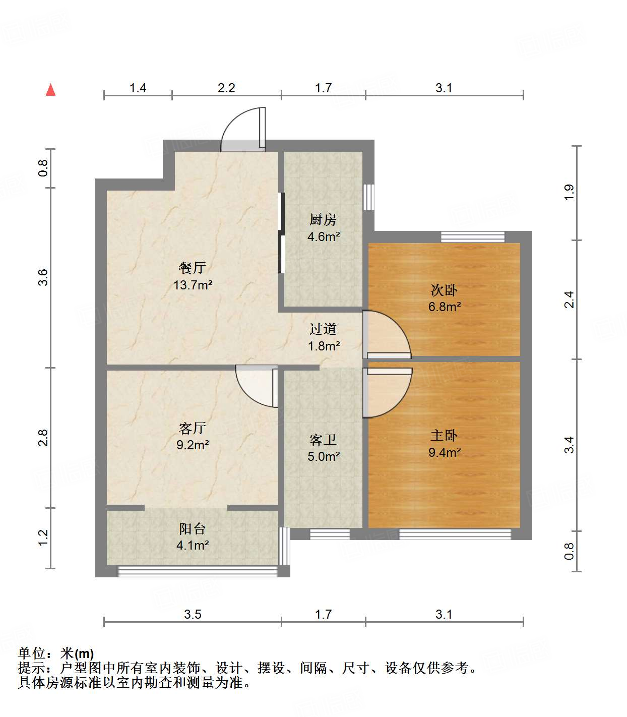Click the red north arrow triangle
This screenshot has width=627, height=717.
coord(50,90)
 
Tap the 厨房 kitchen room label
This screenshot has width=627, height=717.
coord(323,220)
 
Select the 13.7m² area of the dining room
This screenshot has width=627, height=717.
coord(193,285)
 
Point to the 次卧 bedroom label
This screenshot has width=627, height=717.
coord(444,290)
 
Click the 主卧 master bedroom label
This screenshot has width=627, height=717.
coord(444,436)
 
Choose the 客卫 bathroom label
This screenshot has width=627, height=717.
coord(323,440)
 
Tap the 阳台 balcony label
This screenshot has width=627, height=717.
coord(193,529)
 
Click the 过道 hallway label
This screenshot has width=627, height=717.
coord(323,329)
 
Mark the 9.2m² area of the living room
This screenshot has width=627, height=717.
coord(193,445)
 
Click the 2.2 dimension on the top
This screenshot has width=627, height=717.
coord(226,88)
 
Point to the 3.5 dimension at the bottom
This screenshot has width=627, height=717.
coord(193,614)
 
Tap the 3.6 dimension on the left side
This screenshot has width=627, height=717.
coord(44,277)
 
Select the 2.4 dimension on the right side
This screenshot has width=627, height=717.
coord(569,300)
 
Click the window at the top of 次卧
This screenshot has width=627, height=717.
coord(472,236)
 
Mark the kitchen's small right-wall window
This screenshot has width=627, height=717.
coord(369,197)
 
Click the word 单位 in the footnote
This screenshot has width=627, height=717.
coord(31,653)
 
